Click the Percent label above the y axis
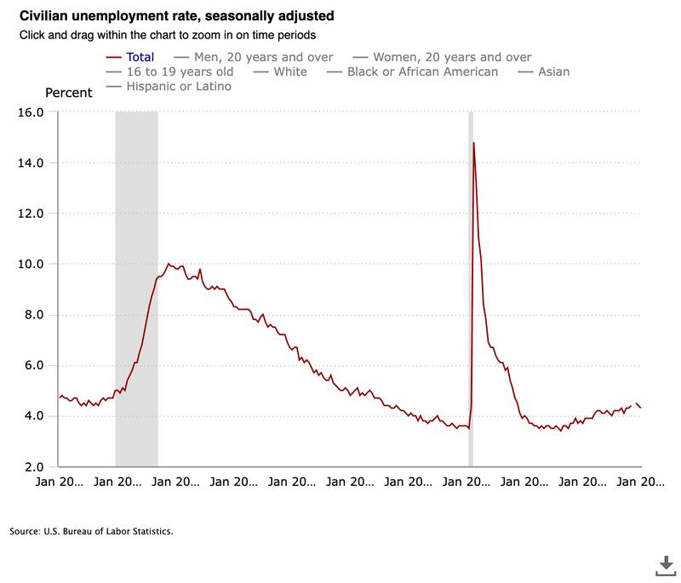68,93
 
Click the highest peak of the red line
473,143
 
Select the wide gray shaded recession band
136,289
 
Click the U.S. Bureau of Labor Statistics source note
92,531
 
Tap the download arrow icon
663,564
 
